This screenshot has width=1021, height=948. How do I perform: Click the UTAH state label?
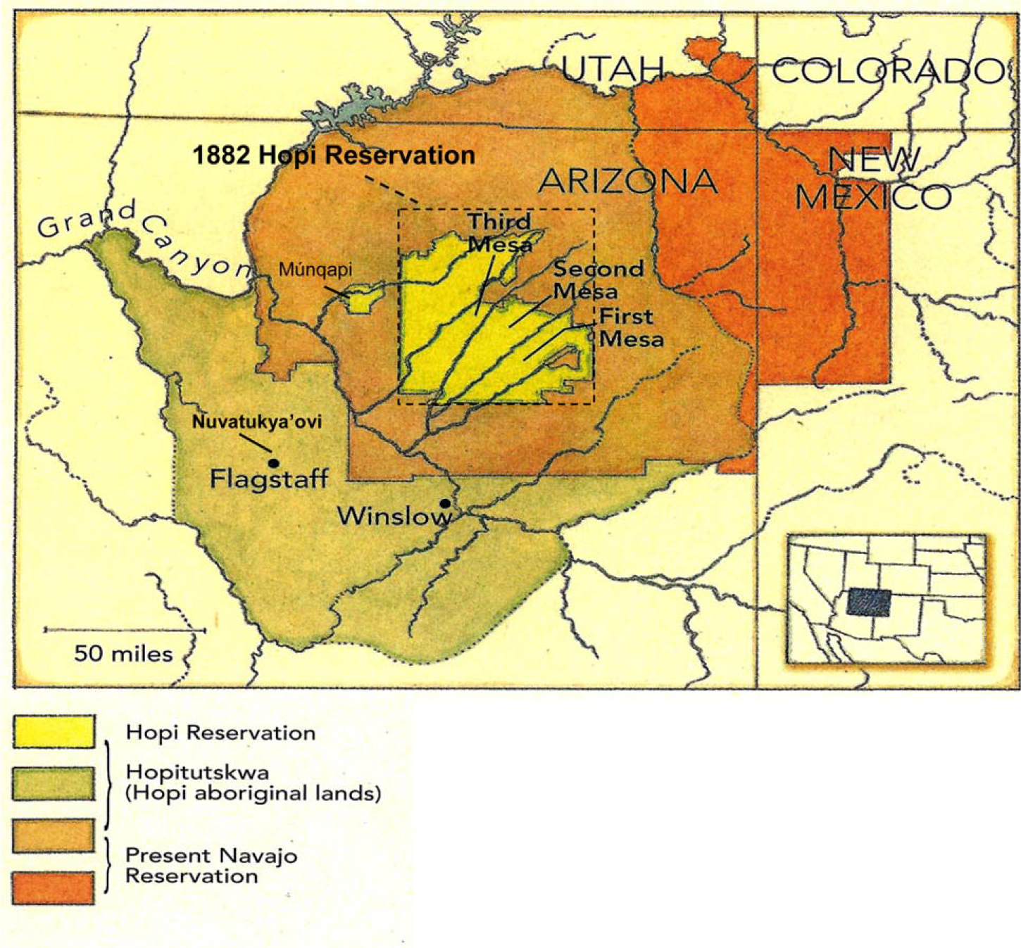click(613, 69)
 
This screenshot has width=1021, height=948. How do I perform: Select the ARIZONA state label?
click(627, 182)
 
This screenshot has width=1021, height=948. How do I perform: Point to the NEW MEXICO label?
click(874, 179)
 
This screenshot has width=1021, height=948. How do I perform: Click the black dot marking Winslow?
click(445, 503)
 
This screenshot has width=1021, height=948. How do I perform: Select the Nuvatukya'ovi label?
click(257, 422)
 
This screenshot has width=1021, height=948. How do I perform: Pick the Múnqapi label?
click(315, 270)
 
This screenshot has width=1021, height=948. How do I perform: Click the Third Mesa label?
click(500, 233)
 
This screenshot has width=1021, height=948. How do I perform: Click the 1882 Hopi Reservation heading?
click(334, 156)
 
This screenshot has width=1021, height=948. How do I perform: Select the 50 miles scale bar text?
click(123, 654)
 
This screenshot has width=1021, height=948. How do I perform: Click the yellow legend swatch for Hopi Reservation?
click(54, 731)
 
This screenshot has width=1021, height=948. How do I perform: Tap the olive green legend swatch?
click(54, 783)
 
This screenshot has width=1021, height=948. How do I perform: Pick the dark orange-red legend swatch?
click(54, 887)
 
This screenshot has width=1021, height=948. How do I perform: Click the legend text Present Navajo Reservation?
click(211, 866)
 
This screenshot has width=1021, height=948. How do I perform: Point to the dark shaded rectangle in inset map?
click(869, 602)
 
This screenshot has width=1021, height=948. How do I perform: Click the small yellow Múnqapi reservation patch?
click(363, 299)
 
